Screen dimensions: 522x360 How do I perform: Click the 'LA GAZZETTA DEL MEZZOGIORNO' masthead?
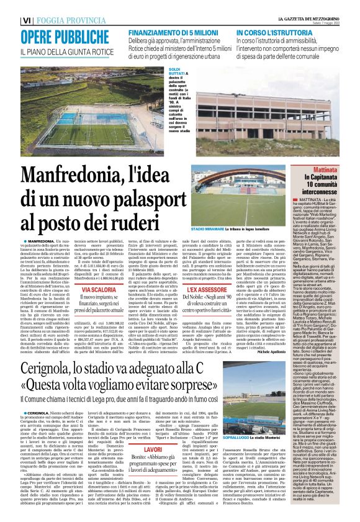[x=298, y=19]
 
